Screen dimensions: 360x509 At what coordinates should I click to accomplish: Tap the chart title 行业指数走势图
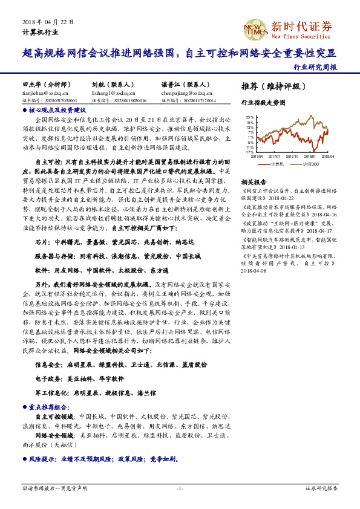(263, 102)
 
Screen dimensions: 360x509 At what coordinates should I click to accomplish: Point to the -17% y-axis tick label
(249, 152)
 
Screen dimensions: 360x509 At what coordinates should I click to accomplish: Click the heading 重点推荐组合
(51, 407)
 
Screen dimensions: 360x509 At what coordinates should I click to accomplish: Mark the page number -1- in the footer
(180, 488)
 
